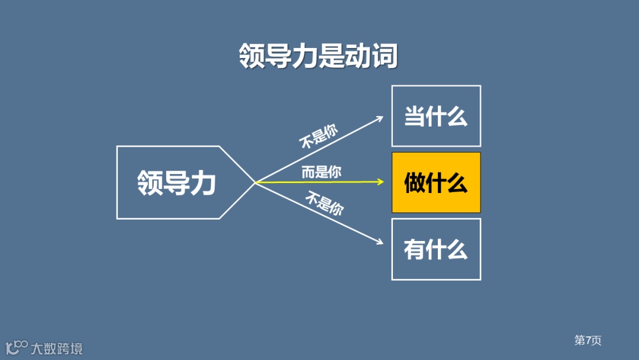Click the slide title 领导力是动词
(318, 56)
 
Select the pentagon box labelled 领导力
(177, 182)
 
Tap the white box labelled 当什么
(436, 116)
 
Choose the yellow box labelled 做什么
(436, 183)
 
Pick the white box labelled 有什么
(436, 249)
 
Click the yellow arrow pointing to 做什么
(319, 182)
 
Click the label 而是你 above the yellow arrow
(321, 172)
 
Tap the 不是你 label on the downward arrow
(325, 204)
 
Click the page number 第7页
(588, 340)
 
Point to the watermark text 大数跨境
(57, 348)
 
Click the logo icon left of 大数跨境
(17, 347)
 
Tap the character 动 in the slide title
(358, 56)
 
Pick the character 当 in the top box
(415, 116)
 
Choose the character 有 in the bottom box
(415, 249)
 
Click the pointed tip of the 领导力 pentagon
(254, 182)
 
